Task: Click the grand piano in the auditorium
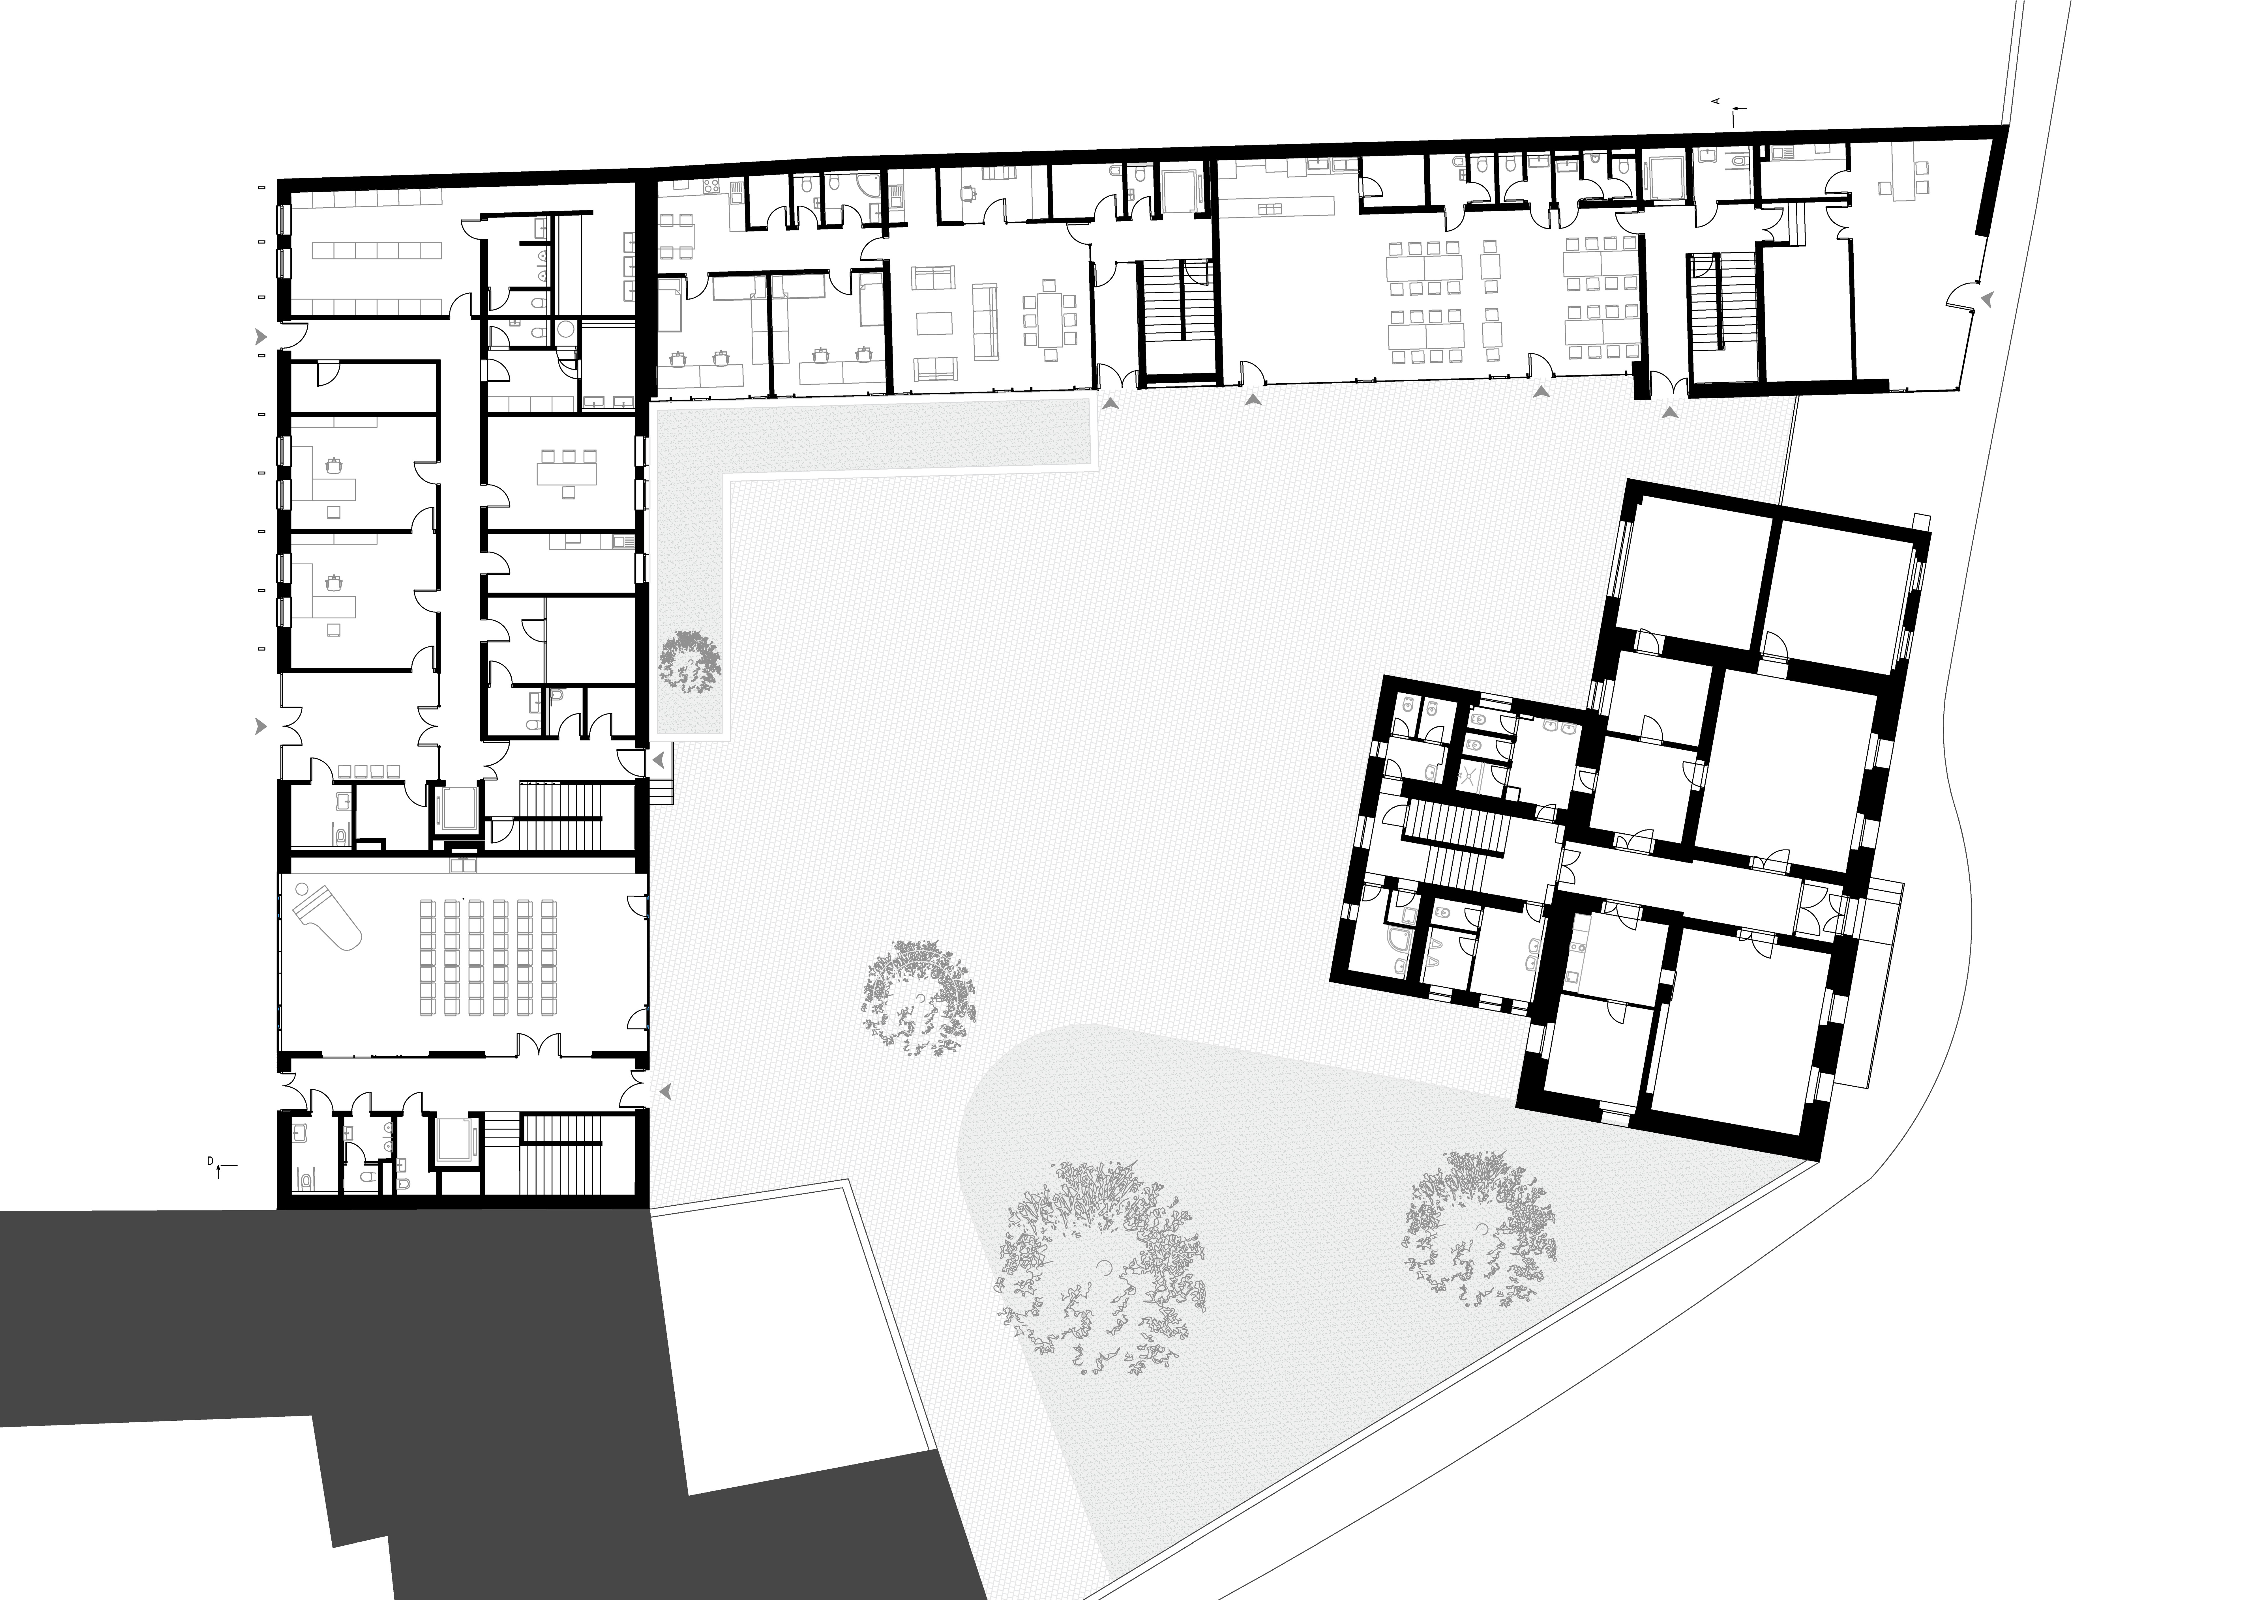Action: pyautogui.click(x=330, y=915)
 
